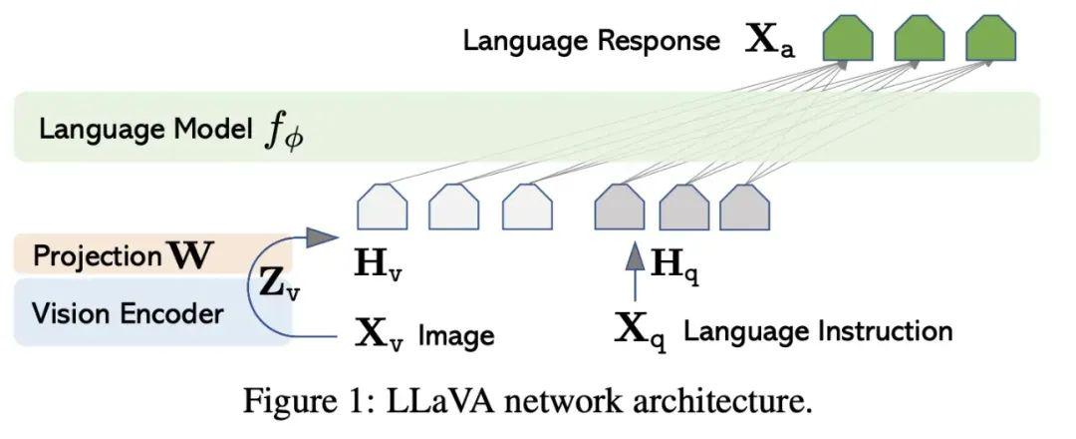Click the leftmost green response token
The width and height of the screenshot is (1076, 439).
(x=847, y=41)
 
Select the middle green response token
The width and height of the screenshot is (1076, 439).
(x=919, y=41)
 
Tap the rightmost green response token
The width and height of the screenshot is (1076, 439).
(x=990, y=41)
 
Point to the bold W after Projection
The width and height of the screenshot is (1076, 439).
(x=191, y=256)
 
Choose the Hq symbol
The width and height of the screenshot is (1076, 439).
(x=673, y=266)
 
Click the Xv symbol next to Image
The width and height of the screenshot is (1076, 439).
(x=380, y=333)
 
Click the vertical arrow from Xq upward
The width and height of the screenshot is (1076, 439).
(x=633, y=274)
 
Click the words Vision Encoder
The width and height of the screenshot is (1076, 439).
(x=128, y=314)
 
